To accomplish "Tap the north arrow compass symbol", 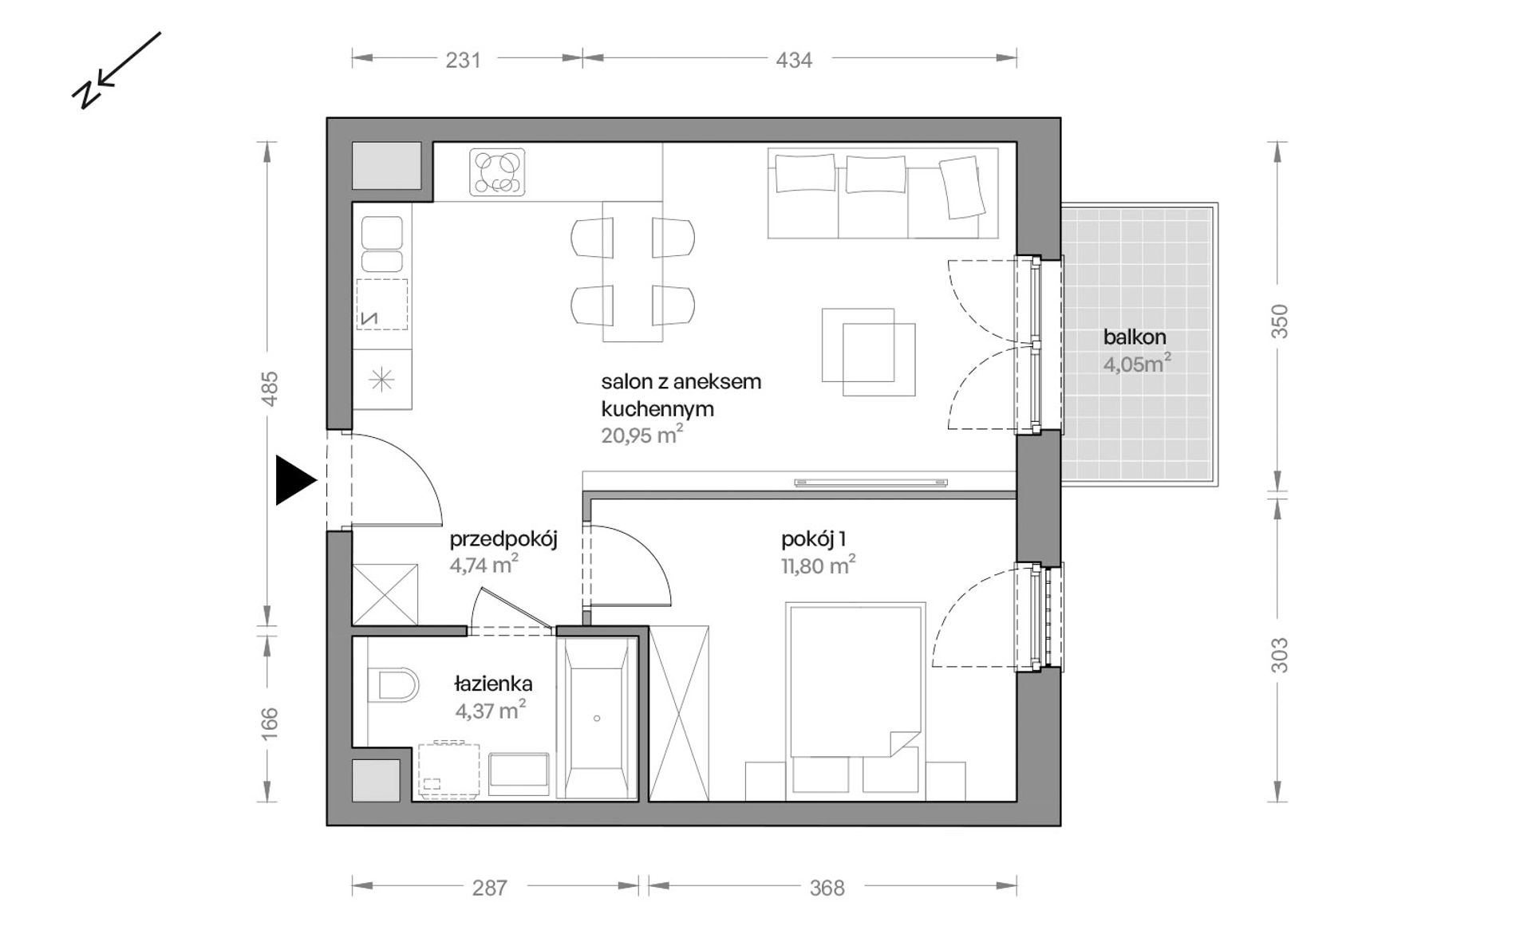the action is coord(116,70).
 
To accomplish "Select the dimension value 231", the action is coord(463,60).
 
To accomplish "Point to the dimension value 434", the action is coord(794,60).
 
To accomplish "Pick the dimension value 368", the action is coord(827,888).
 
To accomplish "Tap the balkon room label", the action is coord(1135,337).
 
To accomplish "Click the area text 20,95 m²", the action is coord(642,435).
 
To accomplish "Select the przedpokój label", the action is coord(503,540).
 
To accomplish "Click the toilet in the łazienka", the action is coord(394,684).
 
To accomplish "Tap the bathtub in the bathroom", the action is coord(597,717).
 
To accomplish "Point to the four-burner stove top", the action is coord(497,172).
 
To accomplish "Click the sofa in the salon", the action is coord(882,193).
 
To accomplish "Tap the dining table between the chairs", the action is coord(633,271).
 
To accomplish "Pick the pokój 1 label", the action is coord(813,540).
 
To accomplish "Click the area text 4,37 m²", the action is coord(490,710).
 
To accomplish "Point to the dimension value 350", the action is coord(1279,321).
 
